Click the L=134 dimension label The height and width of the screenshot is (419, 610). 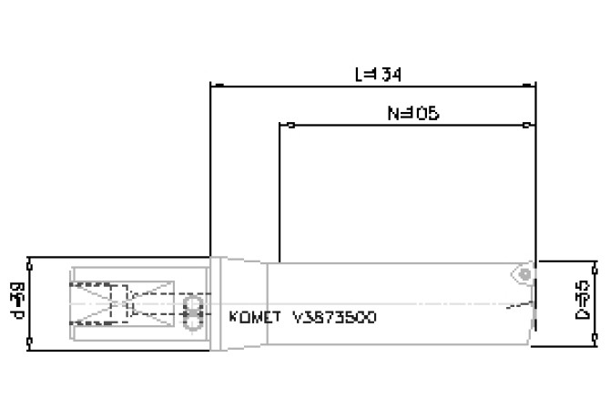377,73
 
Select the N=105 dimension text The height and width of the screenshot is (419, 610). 412,113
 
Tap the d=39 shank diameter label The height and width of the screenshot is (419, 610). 16,301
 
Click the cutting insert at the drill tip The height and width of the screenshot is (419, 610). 523,273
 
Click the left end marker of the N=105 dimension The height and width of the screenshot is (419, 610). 290,125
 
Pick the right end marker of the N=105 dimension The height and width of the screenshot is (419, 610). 527,125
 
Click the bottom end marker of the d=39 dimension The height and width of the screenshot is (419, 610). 31,344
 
